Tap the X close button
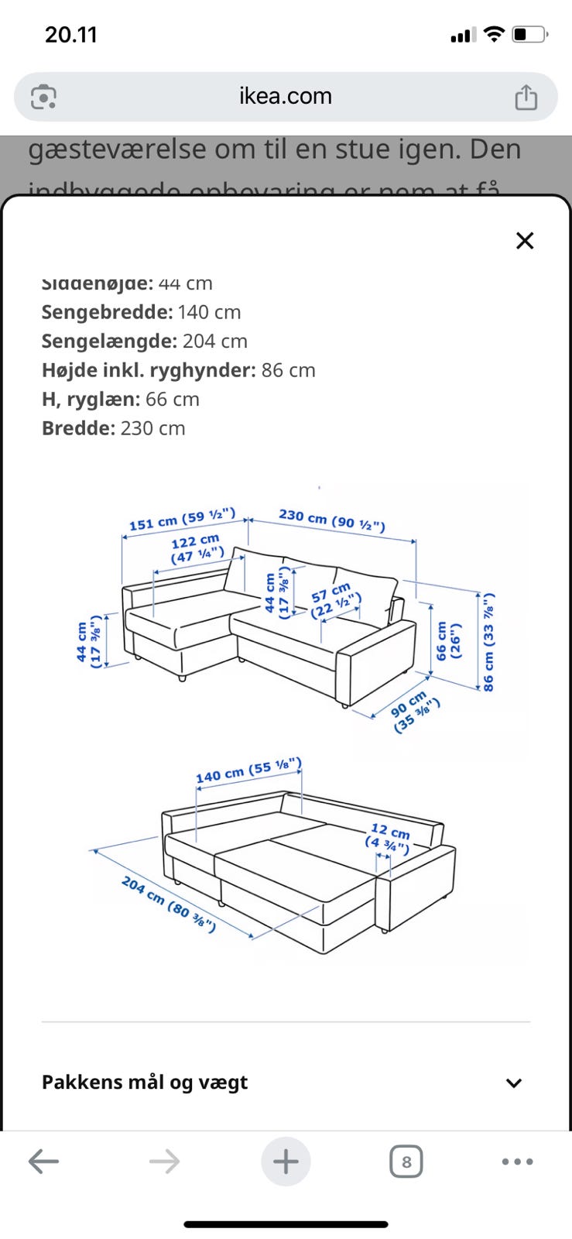(525, 241)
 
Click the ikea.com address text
(286, 96)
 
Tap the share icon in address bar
(526, 98)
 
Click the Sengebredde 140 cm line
(141, 312)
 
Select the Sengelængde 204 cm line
(144, 341)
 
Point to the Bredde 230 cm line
(113, 428)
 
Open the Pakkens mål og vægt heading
(145, 1083)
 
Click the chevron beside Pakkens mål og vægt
(514, 1083)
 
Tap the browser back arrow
(43, 1161)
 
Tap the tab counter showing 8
(406, 1162)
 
